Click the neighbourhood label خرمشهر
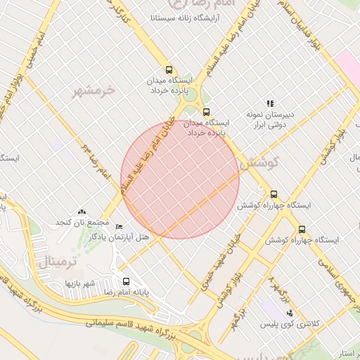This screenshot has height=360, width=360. [x=94, y=90]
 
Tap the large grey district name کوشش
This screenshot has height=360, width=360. [x=259, y=162]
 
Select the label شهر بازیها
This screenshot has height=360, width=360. [x=80, y=283]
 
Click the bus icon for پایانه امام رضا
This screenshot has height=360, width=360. [x=127, y=280]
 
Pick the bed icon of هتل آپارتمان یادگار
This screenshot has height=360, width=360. [x=119, y=227]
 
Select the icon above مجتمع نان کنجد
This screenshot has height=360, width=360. [x=82, y=211]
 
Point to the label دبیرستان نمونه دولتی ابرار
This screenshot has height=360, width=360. [x=270, y=119]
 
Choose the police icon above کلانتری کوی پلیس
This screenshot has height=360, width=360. [x=290, y=313]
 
